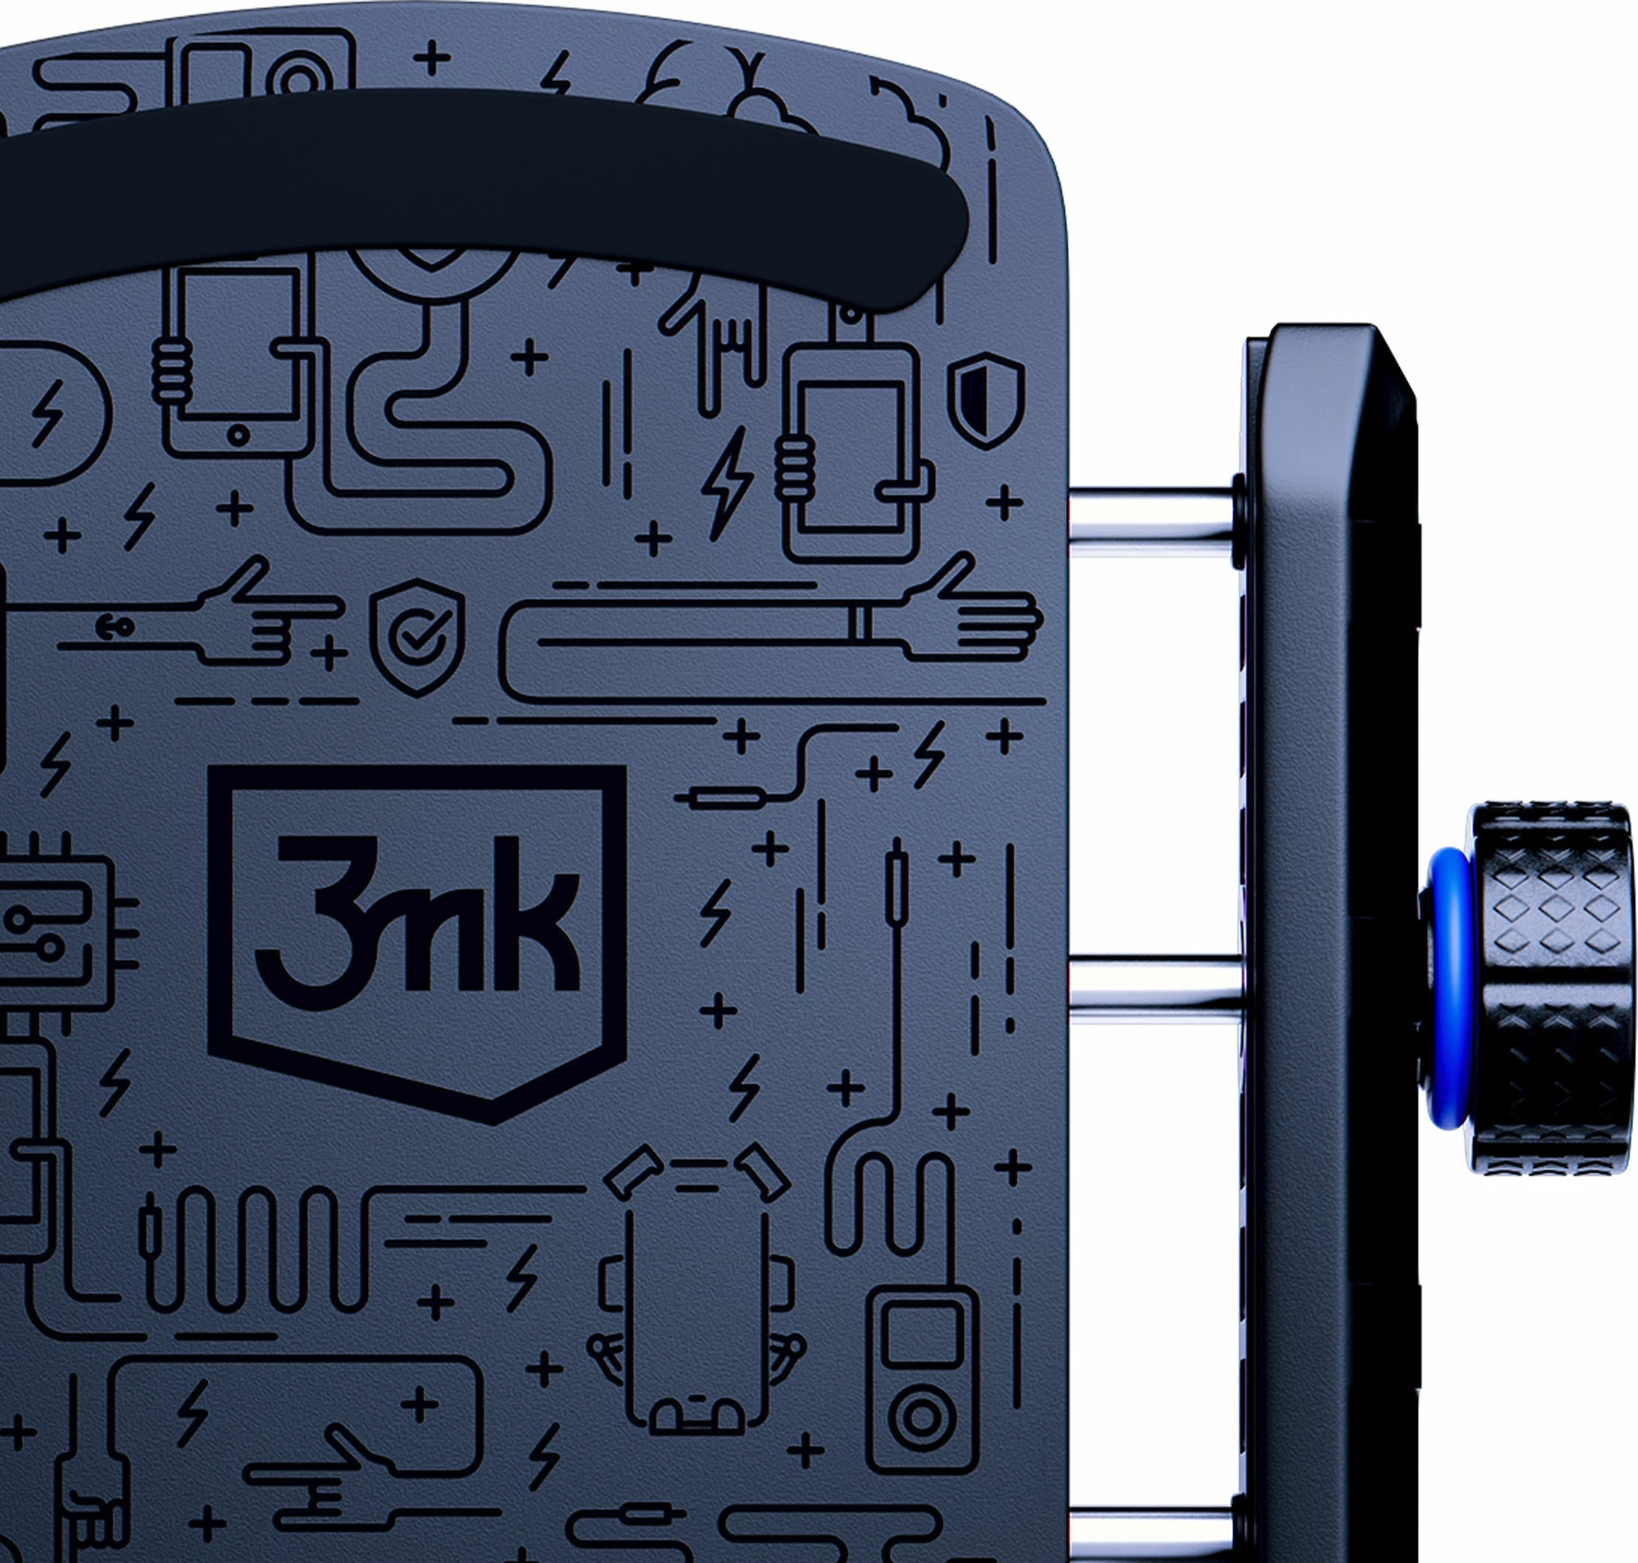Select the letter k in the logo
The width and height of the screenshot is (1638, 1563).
pos(539,915)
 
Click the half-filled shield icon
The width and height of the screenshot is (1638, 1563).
pos(986,399)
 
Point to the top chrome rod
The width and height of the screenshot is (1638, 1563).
pos(1153,522)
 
